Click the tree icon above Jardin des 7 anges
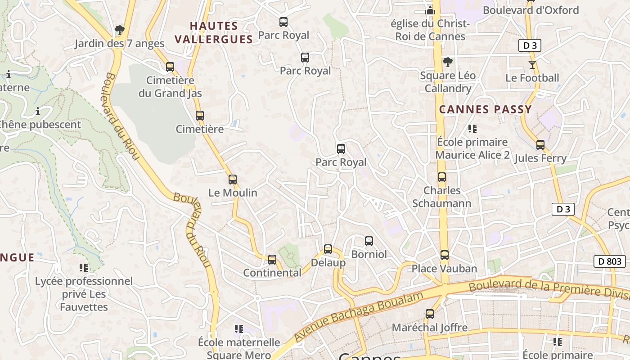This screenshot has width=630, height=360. [119, 30]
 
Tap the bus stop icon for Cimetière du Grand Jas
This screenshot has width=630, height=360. [170, 67]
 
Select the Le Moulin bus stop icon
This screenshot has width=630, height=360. [232, 180]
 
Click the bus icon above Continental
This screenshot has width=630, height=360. [272, 260]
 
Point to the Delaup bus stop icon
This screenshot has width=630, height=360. [328, 249]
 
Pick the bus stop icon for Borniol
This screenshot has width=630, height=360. [369, 241]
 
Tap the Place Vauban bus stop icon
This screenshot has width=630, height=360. [445, 255]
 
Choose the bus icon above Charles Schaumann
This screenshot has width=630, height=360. [442, 177]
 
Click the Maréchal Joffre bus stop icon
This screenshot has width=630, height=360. [430, 314]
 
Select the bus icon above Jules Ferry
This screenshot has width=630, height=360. [540, 145]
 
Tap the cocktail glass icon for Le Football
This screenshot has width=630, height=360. [532, 65]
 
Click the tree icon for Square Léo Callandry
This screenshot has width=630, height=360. [447, 62]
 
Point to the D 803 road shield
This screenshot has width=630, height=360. [610, 261]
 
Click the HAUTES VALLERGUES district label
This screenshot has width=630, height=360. [214, 32]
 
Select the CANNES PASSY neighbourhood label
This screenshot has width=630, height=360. [486, 109]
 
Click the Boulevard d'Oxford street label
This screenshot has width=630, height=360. [531, 10]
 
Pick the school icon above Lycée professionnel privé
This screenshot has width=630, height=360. [84, 268]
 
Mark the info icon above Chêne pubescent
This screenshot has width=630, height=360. [38, 111]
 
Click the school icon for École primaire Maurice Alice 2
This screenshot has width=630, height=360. [472, 129]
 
